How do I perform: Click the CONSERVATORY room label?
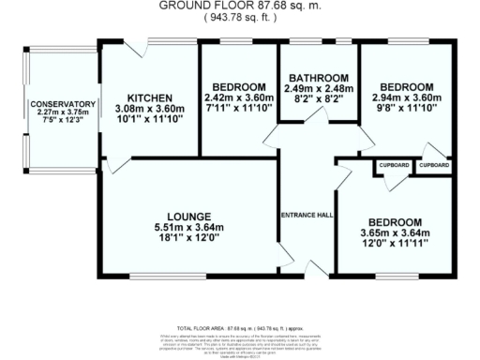coord(63,104)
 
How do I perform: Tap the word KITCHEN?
coord(150,97)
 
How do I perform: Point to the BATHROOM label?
coord(319,77)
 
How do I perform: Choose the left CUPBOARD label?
coord(395,165)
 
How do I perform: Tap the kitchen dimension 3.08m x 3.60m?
coord(150,109)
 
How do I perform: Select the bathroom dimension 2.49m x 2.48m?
coord(319,87)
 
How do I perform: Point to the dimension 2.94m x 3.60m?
coord(406,97)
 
